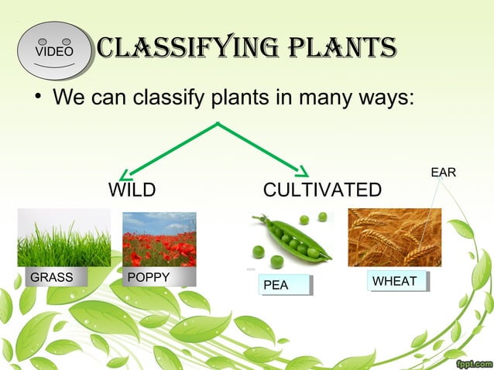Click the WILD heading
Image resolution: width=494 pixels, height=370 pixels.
[x=132, y=190]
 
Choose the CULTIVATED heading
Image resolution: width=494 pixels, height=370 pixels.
[x=322, y=190]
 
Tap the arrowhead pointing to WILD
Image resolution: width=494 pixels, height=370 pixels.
[x=129, y=173]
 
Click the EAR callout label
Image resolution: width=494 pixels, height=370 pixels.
[x=443, y=172]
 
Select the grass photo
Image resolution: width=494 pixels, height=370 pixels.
[x=64, y=238]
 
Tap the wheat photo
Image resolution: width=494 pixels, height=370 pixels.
[x=394, y=237]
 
